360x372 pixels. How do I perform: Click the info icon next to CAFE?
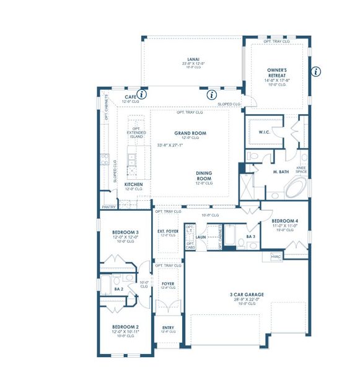[142, 95]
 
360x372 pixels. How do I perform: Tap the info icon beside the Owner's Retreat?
[316, 71]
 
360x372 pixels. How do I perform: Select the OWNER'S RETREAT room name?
[275, 74]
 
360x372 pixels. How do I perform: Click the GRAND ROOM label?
[190, 133]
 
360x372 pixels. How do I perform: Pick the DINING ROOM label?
[204, 176]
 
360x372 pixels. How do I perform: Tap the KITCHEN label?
[134, 185]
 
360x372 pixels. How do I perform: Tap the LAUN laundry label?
[200, 237]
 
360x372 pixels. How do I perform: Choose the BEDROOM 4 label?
[285, 221]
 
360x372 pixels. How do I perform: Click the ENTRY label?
[168, 327]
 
